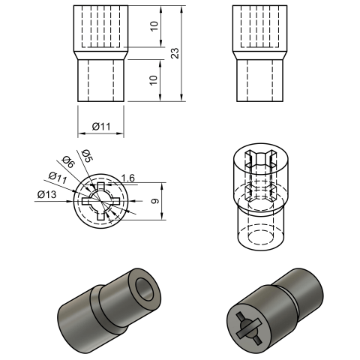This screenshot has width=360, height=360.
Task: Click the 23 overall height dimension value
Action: point(176,53)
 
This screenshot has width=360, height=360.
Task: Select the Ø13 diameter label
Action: point(47,194)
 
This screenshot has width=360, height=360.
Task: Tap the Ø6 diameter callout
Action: point(68,162)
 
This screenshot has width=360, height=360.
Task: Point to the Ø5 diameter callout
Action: point(87,155)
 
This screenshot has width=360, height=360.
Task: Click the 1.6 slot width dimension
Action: point(127,178)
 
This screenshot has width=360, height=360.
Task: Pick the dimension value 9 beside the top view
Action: point(155,201)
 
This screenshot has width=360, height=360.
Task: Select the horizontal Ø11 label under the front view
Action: point(101,127)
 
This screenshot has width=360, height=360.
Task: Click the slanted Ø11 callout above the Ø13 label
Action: point(58,178)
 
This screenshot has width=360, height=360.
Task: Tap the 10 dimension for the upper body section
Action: point(154,26)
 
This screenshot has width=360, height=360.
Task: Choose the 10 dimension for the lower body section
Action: point(154,80)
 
